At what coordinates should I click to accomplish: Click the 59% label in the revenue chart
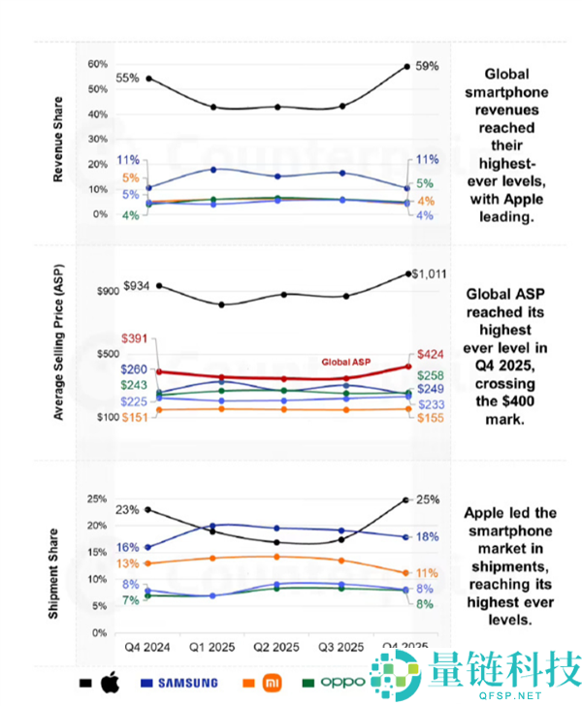tap(427, 66)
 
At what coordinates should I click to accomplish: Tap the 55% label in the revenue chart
tap(128, 78)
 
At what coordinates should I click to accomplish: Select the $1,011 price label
tap(429, 274)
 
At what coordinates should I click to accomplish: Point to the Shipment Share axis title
tap(60, 572)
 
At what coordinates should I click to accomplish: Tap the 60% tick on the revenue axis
tap(98, 64)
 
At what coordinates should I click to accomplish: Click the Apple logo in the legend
tap(109, 682)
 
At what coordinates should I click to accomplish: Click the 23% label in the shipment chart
tap(127, 509)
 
